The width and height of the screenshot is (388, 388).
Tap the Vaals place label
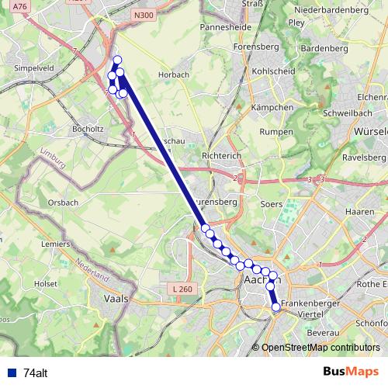coord(119,297)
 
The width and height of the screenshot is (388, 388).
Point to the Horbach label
coord(172,75)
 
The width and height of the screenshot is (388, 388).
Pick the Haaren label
coord(359,211)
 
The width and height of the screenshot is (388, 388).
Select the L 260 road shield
coord(181,289)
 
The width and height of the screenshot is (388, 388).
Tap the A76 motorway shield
coord(20,7)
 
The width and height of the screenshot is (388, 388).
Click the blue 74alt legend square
coord(12,372)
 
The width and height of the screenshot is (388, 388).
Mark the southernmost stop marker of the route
coord(276,307)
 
